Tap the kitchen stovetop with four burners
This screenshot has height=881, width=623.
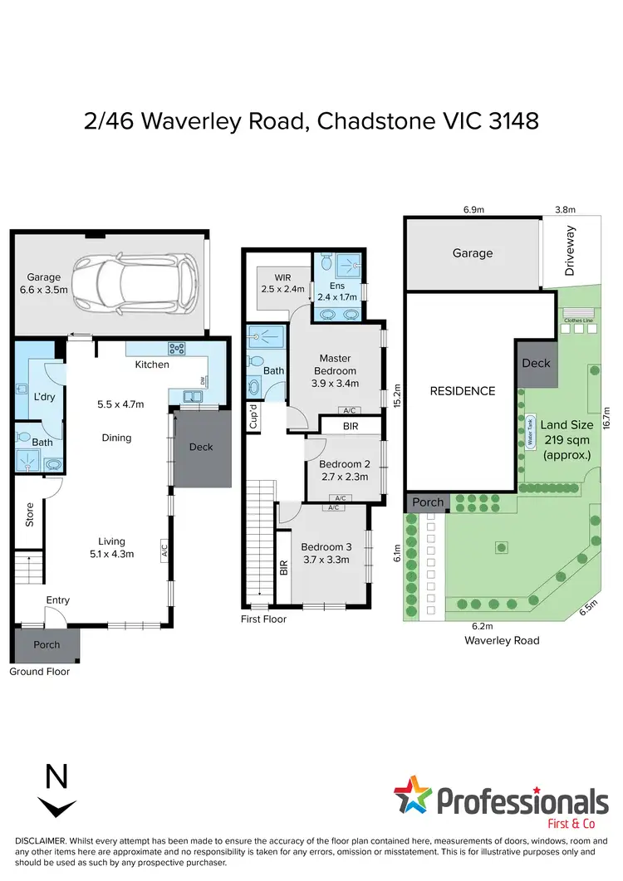177,350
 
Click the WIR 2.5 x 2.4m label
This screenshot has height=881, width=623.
272,282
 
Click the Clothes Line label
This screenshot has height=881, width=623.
577,320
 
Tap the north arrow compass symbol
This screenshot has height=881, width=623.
56,793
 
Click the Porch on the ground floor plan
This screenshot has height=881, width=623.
47,645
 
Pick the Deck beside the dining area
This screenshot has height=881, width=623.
201,447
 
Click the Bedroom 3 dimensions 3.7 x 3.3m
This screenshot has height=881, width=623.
325,559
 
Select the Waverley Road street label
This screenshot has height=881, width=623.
501,640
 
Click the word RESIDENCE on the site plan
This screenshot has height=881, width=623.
463,391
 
